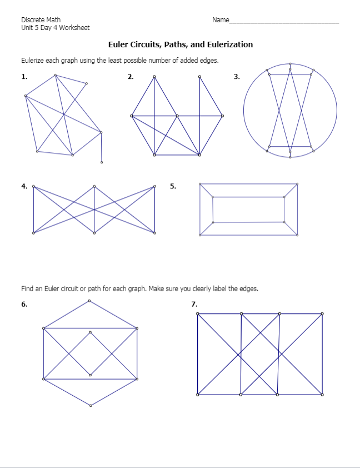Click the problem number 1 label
pos(24,77)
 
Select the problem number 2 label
pos(130,77)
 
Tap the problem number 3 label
pos(237,77)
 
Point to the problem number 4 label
pos(24,186)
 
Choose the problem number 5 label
pos(173,186)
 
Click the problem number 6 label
pos(24,304)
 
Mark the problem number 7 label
pos(194,304)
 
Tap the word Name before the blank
pos(220,20)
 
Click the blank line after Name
pos(284,21)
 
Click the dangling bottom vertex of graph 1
pos(102,163)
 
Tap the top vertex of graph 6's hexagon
pos(91,301)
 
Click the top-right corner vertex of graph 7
pos(322,314)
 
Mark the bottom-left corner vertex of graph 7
pos(198,395)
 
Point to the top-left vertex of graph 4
pos(33,186)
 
